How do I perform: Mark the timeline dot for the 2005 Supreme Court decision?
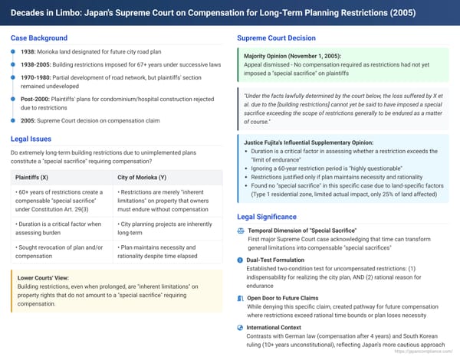[13, 120]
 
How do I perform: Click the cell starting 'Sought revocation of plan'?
[58, 252]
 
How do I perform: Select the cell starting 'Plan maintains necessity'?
[165, 252]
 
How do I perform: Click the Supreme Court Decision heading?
[281, 38]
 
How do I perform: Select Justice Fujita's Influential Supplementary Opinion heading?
[308, 142]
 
